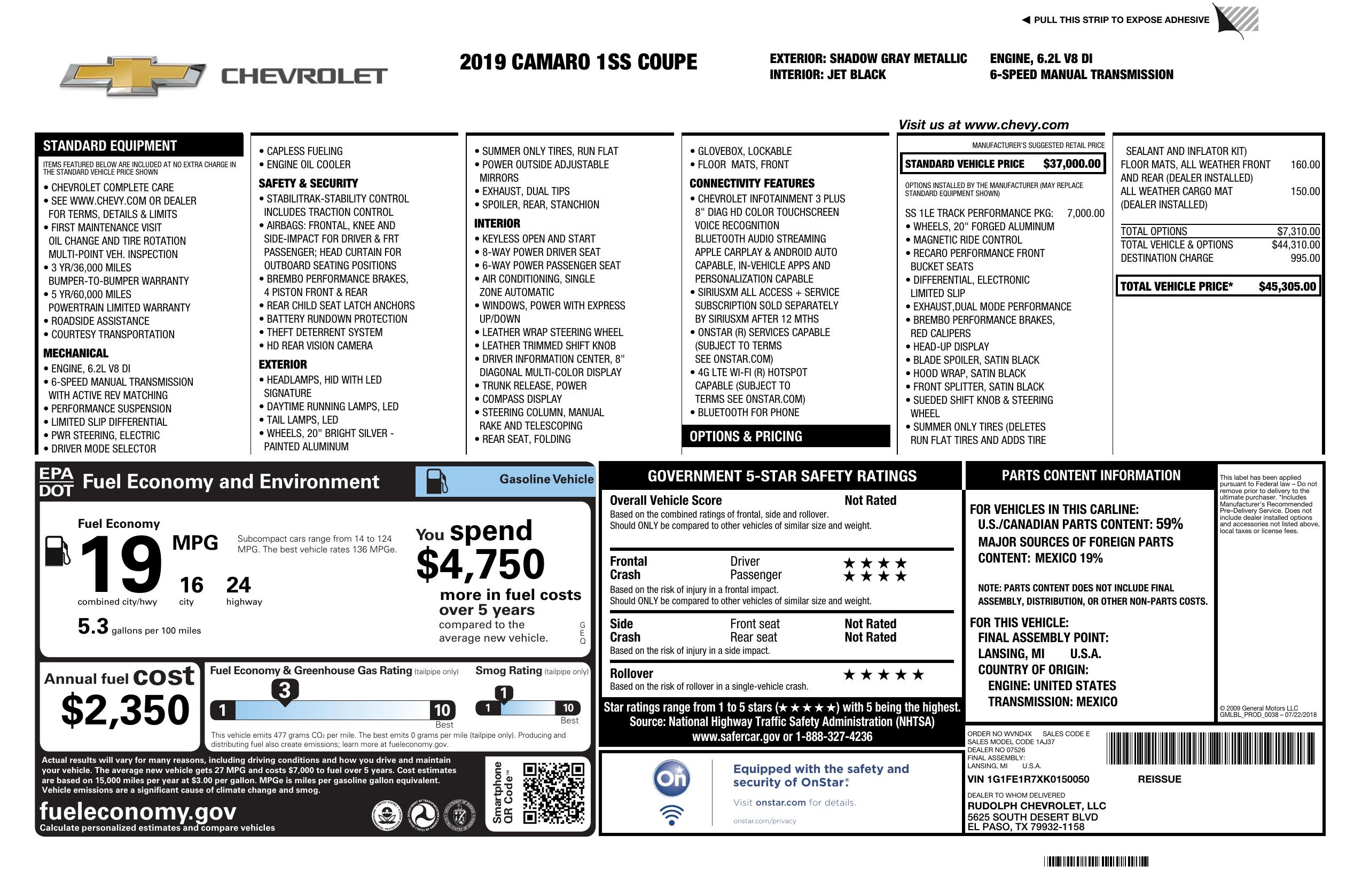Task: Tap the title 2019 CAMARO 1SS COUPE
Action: [x=578, y=62]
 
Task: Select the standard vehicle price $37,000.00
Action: [x=1071, y=164]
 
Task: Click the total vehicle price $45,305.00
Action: [x=1287, y=287]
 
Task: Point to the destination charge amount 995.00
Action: [x=1305, y=258]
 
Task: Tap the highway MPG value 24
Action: [x=238, y=585]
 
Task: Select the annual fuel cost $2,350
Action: [x=126, y=710]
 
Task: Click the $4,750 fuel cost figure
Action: [x=480, y=564]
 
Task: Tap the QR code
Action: [x=553, y=793]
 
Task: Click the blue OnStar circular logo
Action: [x=671, y=778]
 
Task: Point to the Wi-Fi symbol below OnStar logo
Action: [x=671, y=815]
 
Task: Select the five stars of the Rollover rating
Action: [x=883, y=675]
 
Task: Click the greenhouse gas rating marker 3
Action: [x=284, y=690]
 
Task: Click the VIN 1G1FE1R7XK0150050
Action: [x=1028, y=779]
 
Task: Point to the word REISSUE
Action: [x=1159, y=779]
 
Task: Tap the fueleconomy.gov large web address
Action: [x=138, y=811]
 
